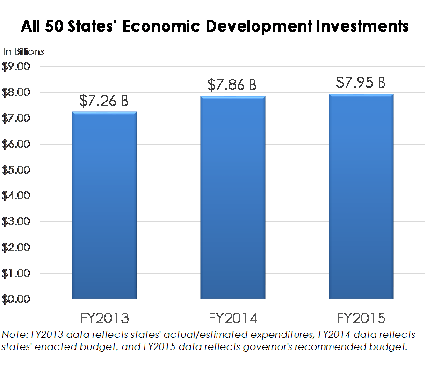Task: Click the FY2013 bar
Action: [104, 206]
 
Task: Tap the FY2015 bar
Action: [361, 197]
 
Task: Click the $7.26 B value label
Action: [104, 101]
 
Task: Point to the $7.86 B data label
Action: [232, 85]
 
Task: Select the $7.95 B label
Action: [361, 82]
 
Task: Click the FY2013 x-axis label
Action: [104, 319]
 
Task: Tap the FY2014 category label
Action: [232, 319]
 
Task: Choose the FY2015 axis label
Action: [361, 319]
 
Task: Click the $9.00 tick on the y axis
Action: [16, 67]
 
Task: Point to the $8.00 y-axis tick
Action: [16, 93]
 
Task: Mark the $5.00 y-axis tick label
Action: [16, 170]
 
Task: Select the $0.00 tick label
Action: [16, 299]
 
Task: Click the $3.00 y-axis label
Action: [16, 222]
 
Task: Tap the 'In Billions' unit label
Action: [24, 51]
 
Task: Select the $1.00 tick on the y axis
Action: [16, 273]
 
